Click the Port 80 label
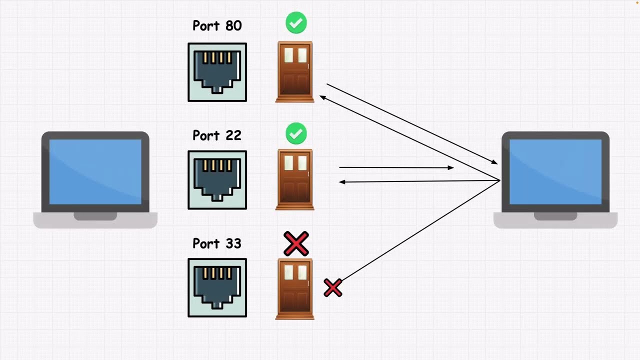[217, 26]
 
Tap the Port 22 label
[217, 135]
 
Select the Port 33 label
[217, 243]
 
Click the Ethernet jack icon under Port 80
[217, 72]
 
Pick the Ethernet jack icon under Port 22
[217, 180]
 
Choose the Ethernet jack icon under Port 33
[217, 287]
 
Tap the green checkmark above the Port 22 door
[296, 134]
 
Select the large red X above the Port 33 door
[296, 243]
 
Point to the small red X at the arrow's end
[333, 288]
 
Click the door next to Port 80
[295, 72]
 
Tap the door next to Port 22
[295, 179]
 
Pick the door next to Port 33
[295, 288]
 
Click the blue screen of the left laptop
[95, 171]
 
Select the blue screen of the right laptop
[555, 171]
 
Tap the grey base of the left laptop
[95, 220]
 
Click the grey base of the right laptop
[555, 220]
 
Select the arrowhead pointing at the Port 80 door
[322, 97]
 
